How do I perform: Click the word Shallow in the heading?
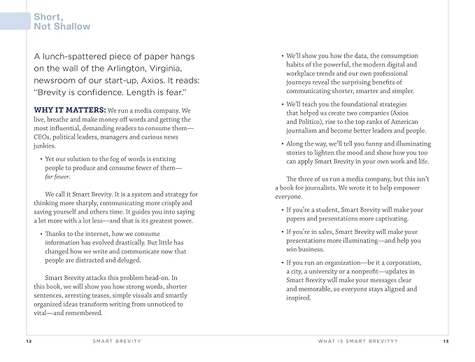pos(73,26)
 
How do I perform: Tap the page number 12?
pos(27,341)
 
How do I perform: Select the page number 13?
pos(445,341)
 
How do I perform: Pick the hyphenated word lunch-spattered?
pos(79,56)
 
